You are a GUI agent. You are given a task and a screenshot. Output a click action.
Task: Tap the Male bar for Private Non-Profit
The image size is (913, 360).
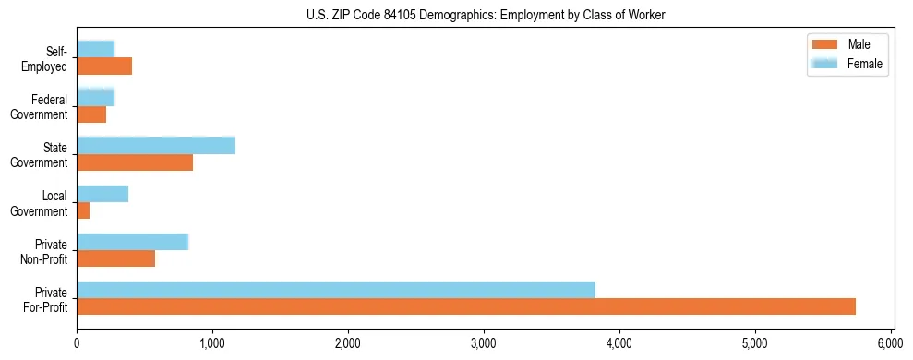(116, 258)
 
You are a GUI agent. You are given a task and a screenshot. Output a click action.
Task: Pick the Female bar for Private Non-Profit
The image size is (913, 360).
(133, 242)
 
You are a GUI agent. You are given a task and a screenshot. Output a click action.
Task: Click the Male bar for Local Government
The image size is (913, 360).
(83, 210)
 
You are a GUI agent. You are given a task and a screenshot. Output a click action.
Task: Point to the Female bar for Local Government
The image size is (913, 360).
(102, 194)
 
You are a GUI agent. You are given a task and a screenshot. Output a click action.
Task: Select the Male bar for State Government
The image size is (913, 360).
(135, 162)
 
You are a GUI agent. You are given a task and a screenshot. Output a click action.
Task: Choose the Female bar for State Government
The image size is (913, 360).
(156, 145)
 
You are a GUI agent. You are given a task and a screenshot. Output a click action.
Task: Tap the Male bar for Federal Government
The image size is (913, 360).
(91, 114)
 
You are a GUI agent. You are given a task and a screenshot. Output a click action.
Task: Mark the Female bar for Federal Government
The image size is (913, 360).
(96, 97)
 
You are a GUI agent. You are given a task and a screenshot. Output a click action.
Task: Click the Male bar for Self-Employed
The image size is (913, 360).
(104, 66)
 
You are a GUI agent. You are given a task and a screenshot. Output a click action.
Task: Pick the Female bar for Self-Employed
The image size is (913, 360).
(96, 49)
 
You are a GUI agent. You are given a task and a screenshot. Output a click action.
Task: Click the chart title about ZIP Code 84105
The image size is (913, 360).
(485, 15)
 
